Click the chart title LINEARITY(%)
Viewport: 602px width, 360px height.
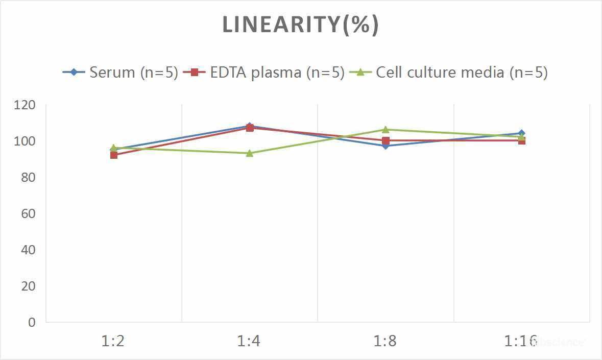click(x=300, y=25)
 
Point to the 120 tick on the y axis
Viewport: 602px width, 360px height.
click(x=25, y=105)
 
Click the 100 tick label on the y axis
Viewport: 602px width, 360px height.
click(x=25, y=141)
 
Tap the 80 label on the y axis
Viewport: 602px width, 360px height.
click(x=28, y=178)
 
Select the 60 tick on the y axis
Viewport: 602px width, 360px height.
click(x=28, y=214)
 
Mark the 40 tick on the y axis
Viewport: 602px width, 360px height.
click(x=28, y=250)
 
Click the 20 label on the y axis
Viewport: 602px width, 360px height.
click(x=28, y=286)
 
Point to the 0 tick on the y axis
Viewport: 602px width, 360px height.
click(x=32, y=323)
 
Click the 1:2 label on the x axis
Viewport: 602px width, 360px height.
click(x=113, y=341)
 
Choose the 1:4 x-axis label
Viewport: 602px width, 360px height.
click(x=249, y=341)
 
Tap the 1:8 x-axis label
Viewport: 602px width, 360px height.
click(x=385, y=341)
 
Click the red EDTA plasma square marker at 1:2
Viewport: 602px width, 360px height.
click(x=113, y=155)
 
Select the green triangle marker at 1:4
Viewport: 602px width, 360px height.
click(x=250, y=153)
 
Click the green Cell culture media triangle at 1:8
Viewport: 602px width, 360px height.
click(x=386, y=130)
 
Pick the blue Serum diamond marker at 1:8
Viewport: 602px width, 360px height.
click(x=386, y=146)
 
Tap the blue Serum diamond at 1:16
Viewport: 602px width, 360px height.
click(x=521, y=133)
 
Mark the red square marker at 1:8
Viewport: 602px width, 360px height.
click(x=386, y=140)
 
